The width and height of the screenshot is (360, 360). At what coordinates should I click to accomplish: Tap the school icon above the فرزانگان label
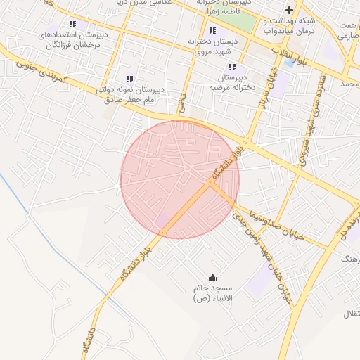(72, 25)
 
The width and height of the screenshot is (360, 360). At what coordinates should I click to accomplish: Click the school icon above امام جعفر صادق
(129, 79)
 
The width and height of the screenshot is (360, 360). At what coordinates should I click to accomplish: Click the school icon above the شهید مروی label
(212, 30)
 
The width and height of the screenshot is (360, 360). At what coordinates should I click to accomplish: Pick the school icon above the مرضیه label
(232, 67)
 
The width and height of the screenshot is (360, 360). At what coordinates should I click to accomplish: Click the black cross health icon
(288, 10)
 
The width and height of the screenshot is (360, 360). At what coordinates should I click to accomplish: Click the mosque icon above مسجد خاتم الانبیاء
(213, 276)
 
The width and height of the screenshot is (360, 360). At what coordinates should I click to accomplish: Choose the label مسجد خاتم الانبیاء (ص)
(217, 294)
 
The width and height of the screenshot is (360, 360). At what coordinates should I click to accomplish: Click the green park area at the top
(242, 20)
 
